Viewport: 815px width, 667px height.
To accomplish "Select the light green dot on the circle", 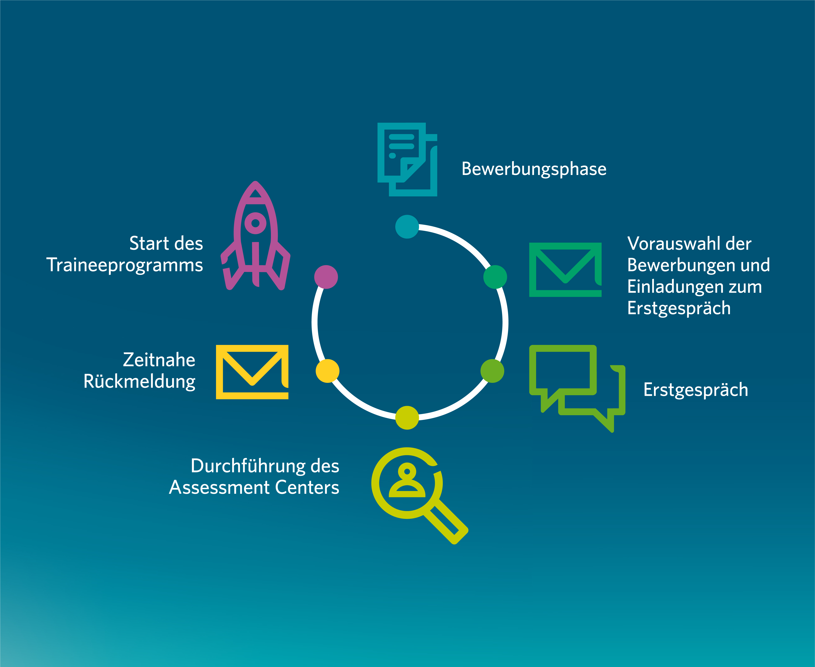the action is tap(492, 371).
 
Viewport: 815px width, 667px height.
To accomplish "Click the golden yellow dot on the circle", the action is tap(327, 371).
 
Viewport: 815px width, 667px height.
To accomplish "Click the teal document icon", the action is tap(407, 160).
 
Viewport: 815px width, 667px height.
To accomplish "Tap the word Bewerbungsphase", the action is tap(534, 169).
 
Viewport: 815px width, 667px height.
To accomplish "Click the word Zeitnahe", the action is tap(159, 360).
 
